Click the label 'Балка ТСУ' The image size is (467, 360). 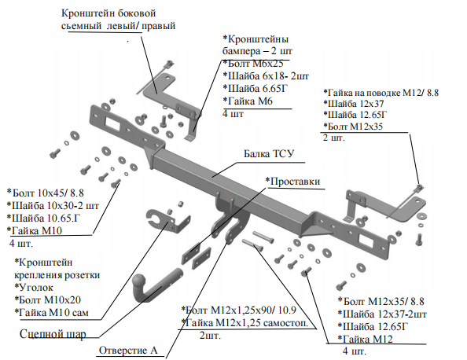[269, 153]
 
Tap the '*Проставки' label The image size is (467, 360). [292, 182]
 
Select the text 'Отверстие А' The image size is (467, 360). [128, 350]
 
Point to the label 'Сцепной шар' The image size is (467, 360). [53, 334]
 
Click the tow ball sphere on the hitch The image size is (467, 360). [139, 281]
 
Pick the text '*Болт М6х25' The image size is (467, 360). [253, 64]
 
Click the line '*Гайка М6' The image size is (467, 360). [248, 101]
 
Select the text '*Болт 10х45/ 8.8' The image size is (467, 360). [46, 193]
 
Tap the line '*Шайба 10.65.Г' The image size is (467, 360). [44, 218]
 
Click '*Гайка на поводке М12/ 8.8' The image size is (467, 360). [381, 93]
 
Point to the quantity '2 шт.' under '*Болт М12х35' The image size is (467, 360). [334, 138]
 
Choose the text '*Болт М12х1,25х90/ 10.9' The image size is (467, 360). [239, 310]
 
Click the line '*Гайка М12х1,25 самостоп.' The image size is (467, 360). [245, 323]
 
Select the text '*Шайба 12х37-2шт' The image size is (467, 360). [382, 314]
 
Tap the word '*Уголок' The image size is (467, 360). [34, 288]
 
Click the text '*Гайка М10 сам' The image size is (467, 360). [52, 312]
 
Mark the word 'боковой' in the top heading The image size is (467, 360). [137, 13]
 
